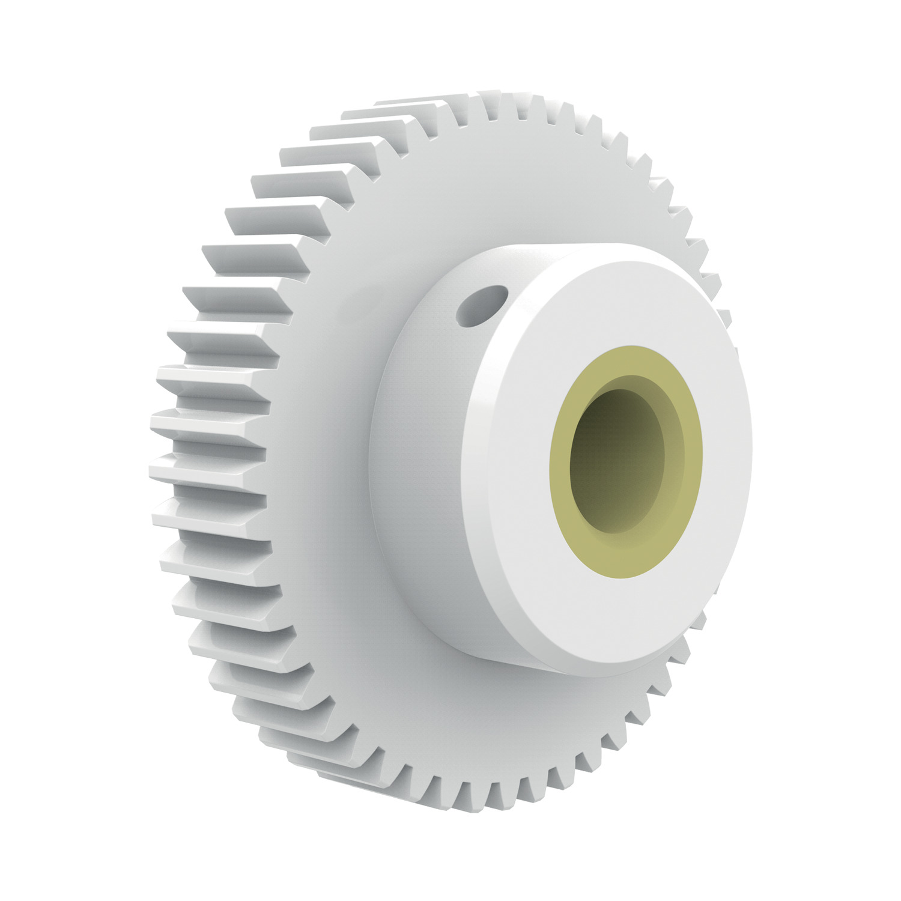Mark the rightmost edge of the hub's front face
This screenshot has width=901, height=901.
pos(751,457)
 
